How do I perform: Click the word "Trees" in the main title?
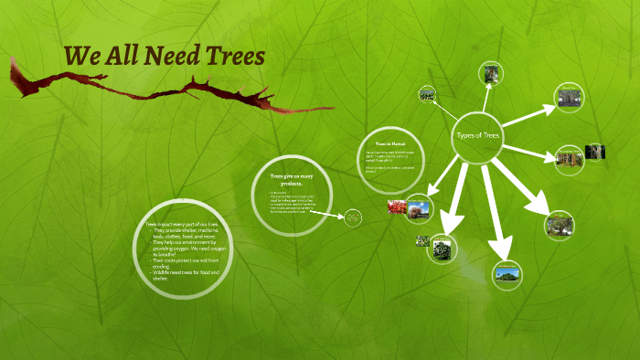pos(233,57)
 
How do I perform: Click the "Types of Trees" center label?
pos(478,135)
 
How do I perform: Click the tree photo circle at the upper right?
pos(570,97)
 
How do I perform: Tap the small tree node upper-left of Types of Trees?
pos(427,93)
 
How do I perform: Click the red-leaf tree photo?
pos(397,207)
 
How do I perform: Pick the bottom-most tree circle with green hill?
pos(506,274)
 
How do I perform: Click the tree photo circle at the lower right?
pos(560,224)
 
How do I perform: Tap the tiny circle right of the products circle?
pos(353,217)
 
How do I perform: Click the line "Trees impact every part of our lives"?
pos(180,223)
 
